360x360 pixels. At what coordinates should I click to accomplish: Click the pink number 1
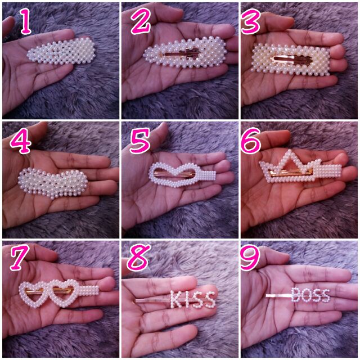click(x=26, y=21)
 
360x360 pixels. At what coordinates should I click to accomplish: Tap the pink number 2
click(x=141, y=21)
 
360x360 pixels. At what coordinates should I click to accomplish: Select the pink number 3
click(x=251, y=21)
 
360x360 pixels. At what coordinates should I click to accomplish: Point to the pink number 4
click(x=21, y=141)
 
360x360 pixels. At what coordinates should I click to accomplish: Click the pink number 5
click(x=140, y=141)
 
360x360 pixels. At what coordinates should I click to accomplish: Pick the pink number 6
click(x=251, y=141)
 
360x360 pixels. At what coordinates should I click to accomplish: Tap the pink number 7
click(x=20, y=258)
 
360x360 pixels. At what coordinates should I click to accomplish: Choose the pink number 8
click(x=139, y=257)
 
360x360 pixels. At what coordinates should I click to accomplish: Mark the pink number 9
click(x=250, y=258)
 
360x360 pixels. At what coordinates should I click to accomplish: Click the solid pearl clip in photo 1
click(x=61, y=51)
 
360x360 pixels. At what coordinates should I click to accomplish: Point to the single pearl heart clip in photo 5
click(x=182, y=174)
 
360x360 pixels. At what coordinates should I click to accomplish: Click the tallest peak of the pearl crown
click(x=290, y=151)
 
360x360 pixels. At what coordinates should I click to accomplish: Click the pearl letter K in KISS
click(x=176, y=299)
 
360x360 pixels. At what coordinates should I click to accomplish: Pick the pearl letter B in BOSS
click(x=296, y=295)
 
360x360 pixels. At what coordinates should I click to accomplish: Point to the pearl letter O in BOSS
click(x=307, y=296)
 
